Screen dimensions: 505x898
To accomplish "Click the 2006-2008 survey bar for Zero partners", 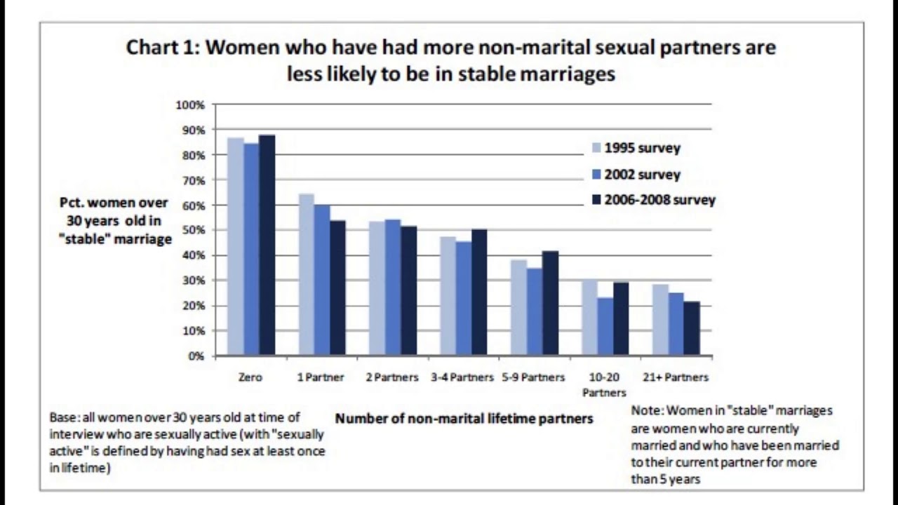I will [267, 245].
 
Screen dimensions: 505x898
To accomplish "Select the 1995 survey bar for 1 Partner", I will [306, 274].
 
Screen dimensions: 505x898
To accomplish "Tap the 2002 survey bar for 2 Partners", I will [392, 288].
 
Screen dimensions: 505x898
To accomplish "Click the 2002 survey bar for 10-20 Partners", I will [605, 326].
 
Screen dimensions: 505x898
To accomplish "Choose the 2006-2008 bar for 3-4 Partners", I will [479, 292].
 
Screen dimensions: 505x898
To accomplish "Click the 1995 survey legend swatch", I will [597, 148].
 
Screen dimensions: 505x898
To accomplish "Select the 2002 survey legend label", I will [642, 175].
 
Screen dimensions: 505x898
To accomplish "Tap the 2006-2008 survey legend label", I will [659, 200].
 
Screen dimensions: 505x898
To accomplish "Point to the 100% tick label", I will [190, 105].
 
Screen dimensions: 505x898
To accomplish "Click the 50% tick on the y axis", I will [193, 230].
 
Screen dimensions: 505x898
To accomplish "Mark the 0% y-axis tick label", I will [196, 356].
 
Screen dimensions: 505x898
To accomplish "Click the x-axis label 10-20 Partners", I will [604, 384].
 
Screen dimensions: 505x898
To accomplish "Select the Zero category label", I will [250, 377].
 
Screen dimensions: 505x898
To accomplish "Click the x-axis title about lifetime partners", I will [464, 419].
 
